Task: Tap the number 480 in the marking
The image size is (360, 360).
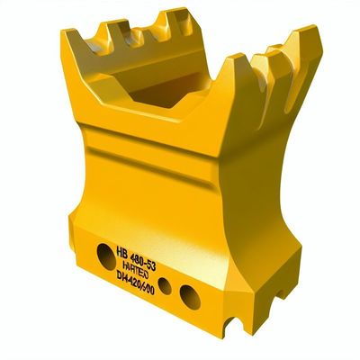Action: coord(143,253)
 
